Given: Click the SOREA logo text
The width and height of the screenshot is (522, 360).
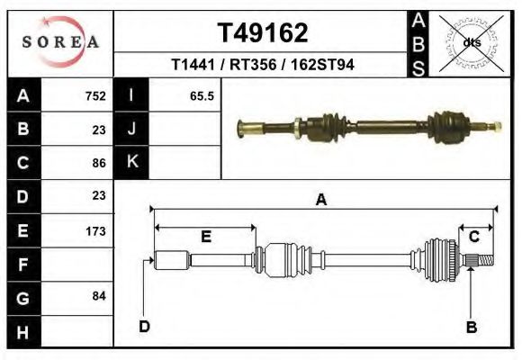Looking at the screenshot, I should click(59, 42).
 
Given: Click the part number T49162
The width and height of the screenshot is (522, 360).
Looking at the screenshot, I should click(263, 33).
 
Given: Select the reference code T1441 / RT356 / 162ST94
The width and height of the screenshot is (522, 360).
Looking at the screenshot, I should click(262, 66).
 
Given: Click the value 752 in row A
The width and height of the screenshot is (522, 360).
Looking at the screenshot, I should click(95, 96).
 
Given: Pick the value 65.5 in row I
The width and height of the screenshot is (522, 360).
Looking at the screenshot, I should click(202, 96).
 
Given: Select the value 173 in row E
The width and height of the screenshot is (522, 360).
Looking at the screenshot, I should click(95, 231).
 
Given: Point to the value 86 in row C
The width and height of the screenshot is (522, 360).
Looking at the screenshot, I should click(99, 164).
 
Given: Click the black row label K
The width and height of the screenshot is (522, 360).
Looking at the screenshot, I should click(131, 162).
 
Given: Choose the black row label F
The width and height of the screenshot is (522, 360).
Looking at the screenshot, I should click(23, 265).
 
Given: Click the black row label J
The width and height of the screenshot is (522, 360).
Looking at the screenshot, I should click(131, 129).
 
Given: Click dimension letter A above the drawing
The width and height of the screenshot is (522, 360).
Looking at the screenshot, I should click(320, 201).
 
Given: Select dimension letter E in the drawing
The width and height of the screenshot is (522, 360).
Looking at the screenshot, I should click(206, 237).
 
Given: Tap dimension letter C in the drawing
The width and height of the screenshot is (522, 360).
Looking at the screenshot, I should click(473, 237).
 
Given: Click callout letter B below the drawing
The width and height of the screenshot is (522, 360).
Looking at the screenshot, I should click(471, 327).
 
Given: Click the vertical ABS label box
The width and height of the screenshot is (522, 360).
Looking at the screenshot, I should click(417, 42).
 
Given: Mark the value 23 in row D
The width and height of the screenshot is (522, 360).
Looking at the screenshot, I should click(99, 195).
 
